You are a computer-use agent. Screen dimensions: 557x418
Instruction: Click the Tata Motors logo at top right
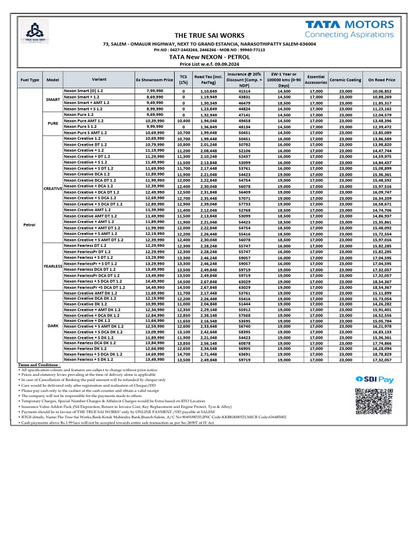[x=349, y=29]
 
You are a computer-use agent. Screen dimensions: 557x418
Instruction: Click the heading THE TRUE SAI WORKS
[x=210, y=35]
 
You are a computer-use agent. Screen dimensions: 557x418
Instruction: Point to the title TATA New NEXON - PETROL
[x=210, y=57]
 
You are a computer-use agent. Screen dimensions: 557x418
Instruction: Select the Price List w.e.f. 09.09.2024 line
[x=210, y=64]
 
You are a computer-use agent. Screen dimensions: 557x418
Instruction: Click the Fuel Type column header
[x=29, y=79]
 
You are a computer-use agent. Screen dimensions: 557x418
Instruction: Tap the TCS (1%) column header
[x=183, y=79]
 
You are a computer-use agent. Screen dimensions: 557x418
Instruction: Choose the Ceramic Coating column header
[x=345, y=79]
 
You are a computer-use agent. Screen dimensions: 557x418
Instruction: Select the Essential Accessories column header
[x=316, y=79]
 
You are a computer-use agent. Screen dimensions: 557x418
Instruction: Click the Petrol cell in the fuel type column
[x=29, y=224]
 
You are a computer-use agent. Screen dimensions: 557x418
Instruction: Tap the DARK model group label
[x=53, y=325]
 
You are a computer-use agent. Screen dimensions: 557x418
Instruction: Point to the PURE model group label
[x=53, y=123]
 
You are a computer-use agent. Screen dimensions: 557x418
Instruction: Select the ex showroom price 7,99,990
[x=155, y=91]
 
